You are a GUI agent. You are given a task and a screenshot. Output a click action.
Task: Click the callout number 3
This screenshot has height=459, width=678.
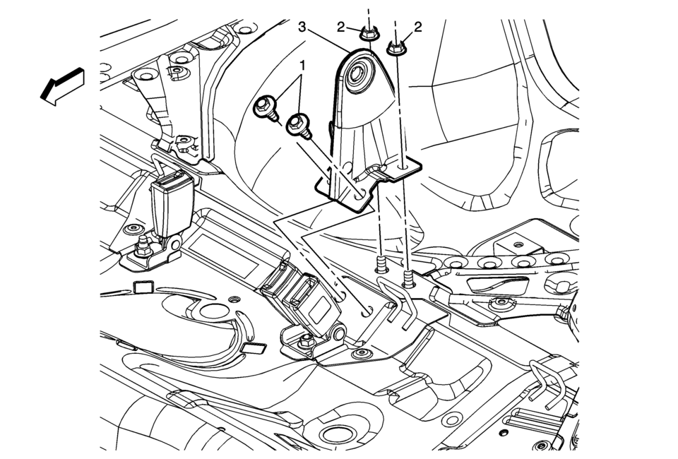click(302, 28)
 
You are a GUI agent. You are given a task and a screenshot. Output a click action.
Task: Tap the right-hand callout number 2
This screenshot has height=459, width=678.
click(417, 28)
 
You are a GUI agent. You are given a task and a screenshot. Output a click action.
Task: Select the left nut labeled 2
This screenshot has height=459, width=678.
click(367, 32)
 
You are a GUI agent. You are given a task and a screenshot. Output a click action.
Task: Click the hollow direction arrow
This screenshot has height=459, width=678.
click(61, 87)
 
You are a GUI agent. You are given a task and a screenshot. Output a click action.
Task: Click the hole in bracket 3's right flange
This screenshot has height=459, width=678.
click(403, 167)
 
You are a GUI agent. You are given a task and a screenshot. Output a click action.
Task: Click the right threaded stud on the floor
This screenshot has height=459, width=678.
click(408, 280)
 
